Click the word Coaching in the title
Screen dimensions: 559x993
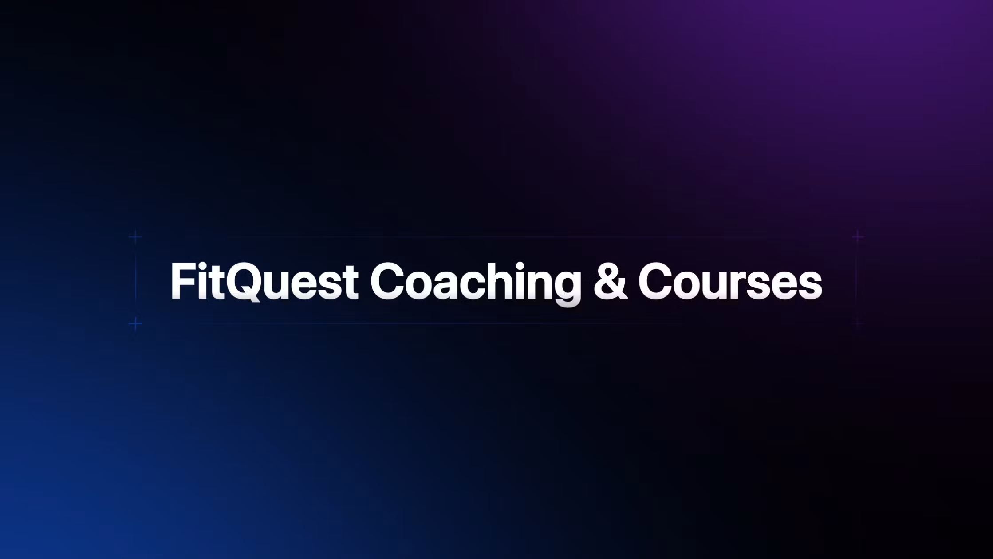click(475, 282)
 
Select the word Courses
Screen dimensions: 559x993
click(730, 282)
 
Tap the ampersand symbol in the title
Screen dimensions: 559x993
click(610, 282)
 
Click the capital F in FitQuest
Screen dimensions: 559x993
click(182, 281)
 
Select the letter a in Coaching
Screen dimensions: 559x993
click(445, 286)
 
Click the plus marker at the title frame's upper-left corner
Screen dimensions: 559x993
click(135, 236)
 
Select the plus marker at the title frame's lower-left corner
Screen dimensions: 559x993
click(135, 323)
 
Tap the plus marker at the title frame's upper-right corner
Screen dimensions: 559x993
click(858, 237)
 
